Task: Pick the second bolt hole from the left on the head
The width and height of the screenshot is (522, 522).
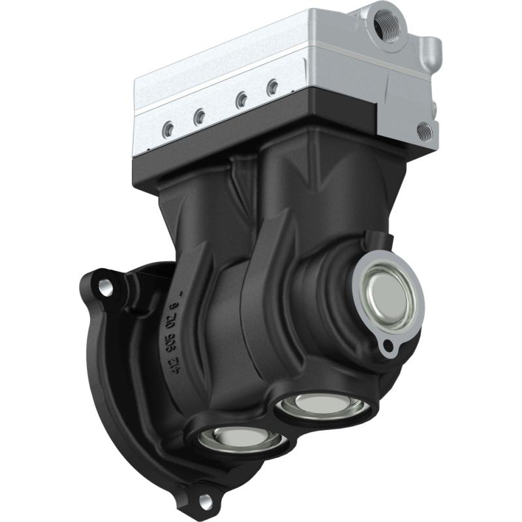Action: pyautogui.click(x=200, y=116)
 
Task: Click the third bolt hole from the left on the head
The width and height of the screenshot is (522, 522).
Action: pyautogui.click(x=241, y=99)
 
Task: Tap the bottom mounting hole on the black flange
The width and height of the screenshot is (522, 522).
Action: pyautogui.click(x=205, y=500)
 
